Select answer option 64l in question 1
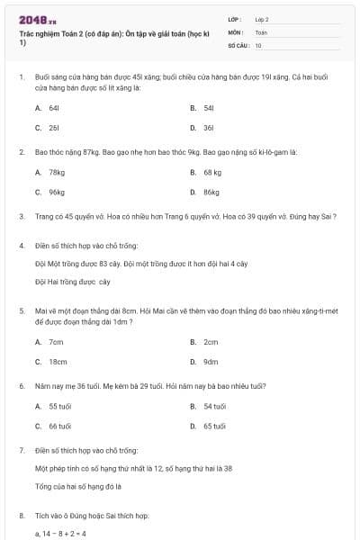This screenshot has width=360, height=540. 54,107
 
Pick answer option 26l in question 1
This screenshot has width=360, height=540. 54,128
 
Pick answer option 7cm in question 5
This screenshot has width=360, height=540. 56,341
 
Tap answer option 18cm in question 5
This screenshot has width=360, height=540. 58,362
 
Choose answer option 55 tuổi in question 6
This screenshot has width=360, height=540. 59,406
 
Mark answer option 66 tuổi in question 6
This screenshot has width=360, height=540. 59,427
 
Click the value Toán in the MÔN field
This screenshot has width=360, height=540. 261,31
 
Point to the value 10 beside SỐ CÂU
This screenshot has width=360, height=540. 258,44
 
